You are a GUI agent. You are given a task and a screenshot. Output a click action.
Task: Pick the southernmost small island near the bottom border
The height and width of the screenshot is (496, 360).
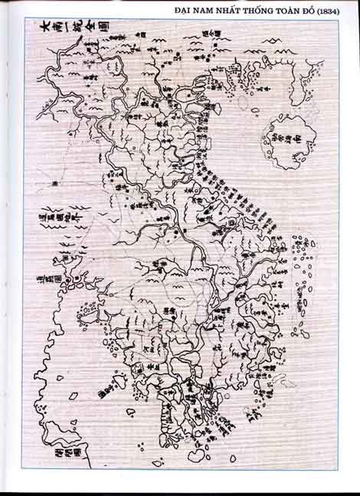coord(158,463)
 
